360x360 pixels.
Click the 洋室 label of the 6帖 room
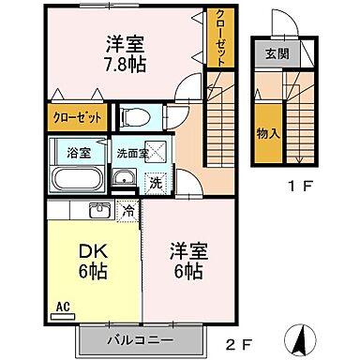(x=187, y=250)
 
